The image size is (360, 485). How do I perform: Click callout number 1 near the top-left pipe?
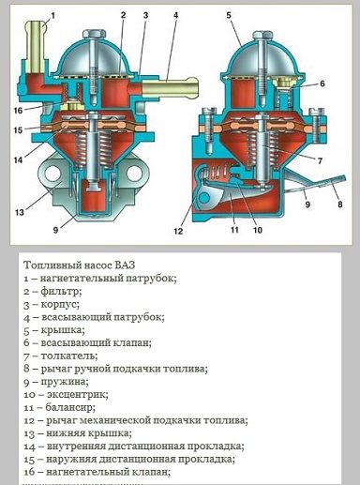click(x=52, y=15)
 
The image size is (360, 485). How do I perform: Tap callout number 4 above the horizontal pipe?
click(x=176, y=15)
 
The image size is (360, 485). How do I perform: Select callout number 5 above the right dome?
click(x=229, y=15)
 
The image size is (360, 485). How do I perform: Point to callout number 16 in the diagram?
click(x=18, y=110)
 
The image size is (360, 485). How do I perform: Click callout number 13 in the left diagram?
click(x=19, y=212)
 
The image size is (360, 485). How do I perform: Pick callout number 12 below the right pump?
click(x=178, y=231)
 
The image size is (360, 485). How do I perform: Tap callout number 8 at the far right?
click(x=340, y=205)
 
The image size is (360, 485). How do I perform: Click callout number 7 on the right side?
click(x=320, y=160)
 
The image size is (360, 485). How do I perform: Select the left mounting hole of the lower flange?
click(x=52, y=173)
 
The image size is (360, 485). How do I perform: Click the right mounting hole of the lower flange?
click(x=134, y=173)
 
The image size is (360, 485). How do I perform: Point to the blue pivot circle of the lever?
click(x=203, y=197)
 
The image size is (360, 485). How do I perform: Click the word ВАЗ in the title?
click(x=125, y=265)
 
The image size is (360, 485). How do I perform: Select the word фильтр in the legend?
click(x=61, y=292)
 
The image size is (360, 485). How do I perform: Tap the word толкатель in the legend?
click(x=69, y=356)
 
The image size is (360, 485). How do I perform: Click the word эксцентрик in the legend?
click(x=78, y=395)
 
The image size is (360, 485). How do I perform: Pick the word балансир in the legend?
click(x=70, y=408)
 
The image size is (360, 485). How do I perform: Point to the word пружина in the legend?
click(x=65, y=382)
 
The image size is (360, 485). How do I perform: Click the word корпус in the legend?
click(x=60, y=305)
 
